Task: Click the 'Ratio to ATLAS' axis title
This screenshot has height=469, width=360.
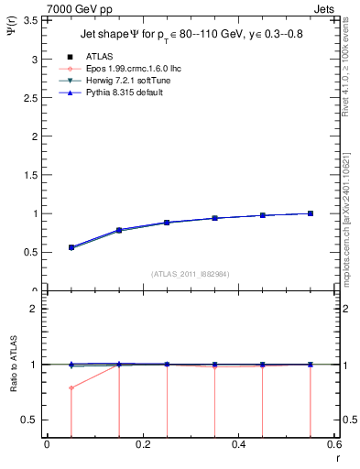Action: pyautogui.click(x=13, y=365)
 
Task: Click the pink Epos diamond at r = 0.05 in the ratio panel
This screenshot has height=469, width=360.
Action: pyautogui.click(x=71, y=387)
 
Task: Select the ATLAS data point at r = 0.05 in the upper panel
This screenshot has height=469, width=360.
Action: pyautogui.click(x=71, y=247)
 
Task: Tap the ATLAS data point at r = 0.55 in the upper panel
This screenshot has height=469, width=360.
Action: pyautogui.click(x=311, y=213)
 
